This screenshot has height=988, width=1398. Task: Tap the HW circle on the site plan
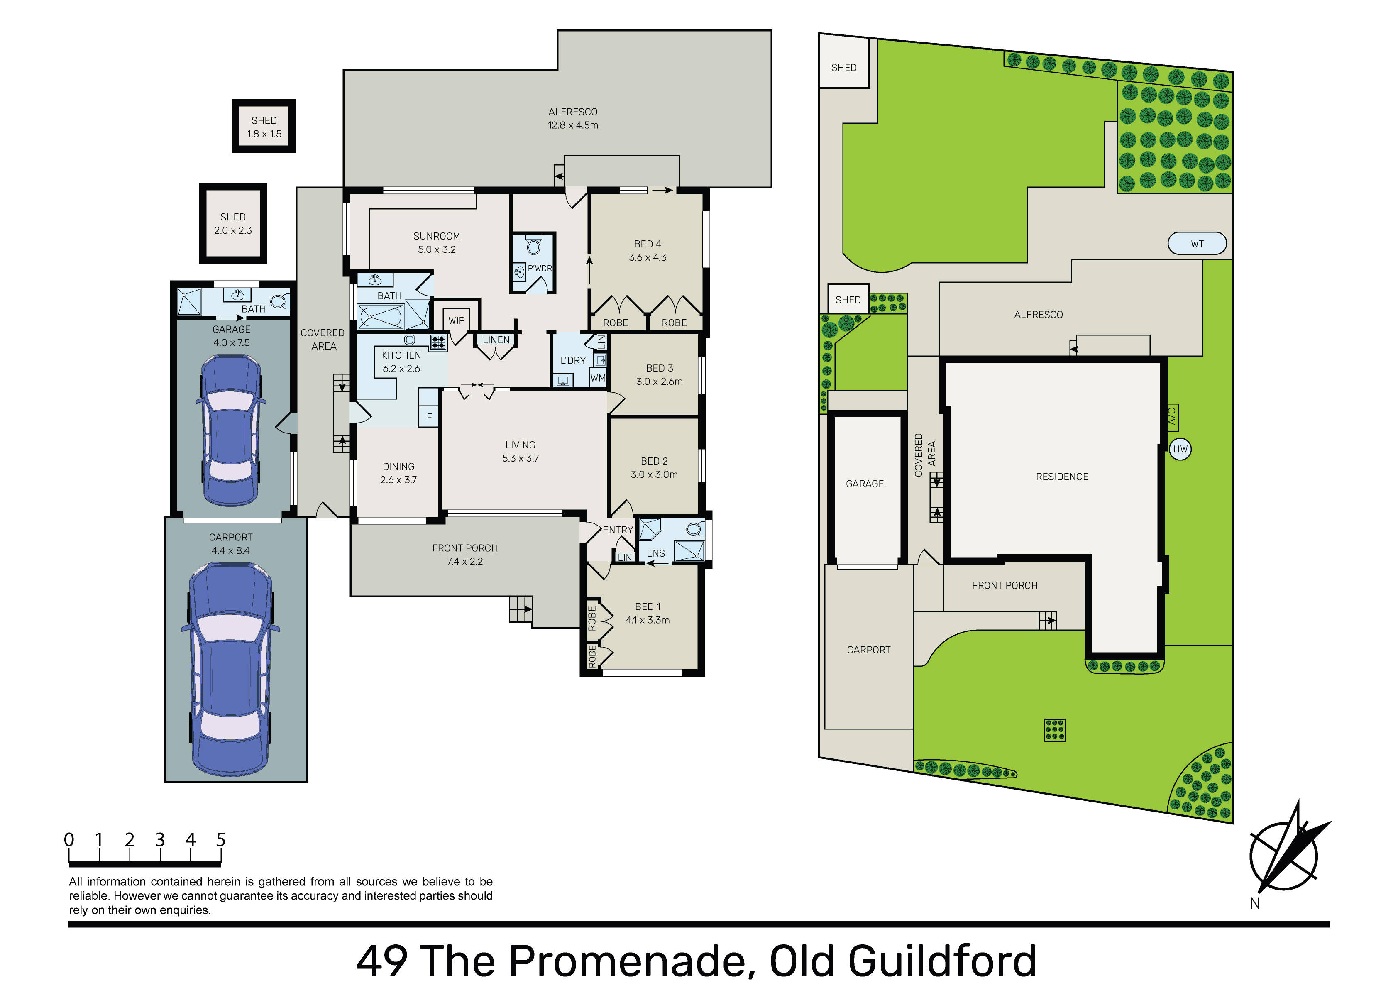[x=1180, y=450]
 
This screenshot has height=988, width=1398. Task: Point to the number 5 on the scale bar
[x=220, y=840]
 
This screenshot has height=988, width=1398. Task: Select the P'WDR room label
[x=540, y=268]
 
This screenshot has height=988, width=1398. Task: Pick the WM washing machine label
[x=598, y=378]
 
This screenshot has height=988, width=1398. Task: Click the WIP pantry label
[x=456, y=320]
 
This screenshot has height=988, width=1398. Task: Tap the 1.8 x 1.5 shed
[x=264, y=126]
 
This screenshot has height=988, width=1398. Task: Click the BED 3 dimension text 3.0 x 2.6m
[x=660, y=382]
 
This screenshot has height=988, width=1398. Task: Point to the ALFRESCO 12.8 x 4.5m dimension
[x=573, y=125]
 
